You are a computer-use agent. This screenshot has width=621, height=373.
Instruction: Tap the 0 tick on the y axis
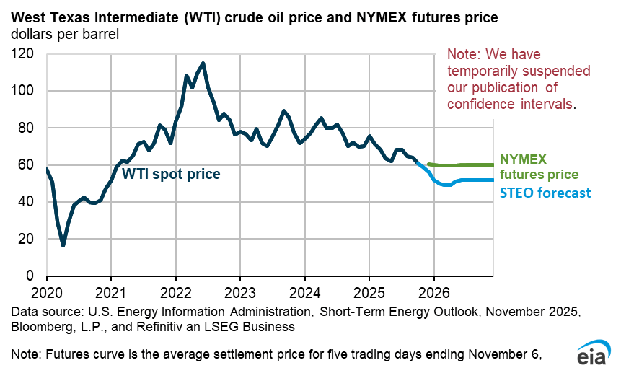(x=31, y=276)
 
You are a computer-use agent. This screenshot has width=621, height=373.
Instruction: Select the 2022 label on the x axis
(x=175, y=294)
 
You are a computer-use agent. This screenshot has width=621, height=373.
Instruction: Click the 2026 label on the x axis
(x=433, y=294)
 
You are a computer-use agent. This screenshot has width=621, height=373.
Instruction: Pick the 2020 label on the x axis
(x=47, y=294)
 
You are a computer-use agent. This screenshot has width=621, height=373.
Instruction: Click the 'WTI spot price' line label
(x=171, y=174)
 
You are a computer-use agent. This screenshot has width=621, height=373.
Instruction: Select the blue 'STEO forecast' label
(x=545, y=193)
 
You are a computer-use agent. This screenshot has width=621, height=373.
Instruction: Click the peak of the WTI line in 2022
(x=203, y=63)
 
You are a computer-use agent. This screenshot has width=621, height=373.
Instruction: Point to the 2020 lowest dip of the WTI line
(x=63, y=245)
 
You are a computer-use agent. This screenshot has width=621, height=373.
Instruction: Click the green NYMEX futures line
(x=462, y=165)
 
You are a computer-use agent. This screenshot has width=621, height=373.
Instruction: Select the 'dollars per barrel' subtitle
(x=64, y=33)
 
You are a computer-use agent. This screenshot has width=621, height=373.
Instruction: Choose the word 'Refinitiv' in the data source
(x=153, y=327)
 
